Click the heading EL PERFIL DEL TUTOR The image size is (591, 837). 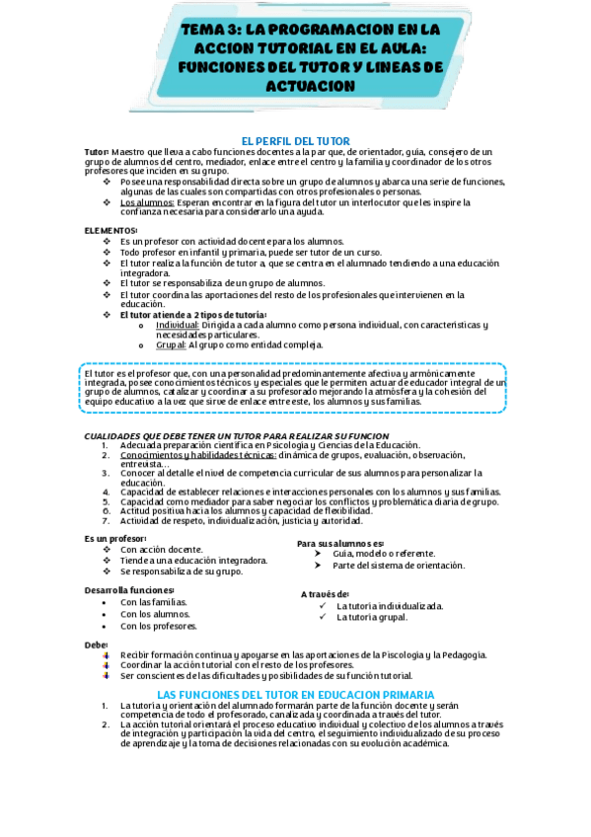(295, 140)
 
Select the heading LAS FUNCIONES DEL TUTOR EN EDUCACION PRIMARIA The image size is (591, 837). (295, 695)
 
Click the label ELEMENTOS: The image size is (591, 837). (111, 230)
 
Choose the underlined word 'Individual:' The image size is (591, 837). (178, 324)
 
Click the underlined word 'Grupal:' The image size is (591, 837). (171, 344)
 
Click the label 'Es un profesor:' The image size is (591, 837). (115, 538)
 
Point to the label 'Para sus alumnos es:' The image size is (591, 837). (340, 543)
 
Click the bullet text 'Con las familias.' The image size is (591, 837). (153, 602)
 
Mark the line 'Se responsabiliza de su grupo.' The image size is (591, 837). (181, 571)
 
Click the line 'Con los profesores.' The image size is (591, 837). (158, 626)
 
